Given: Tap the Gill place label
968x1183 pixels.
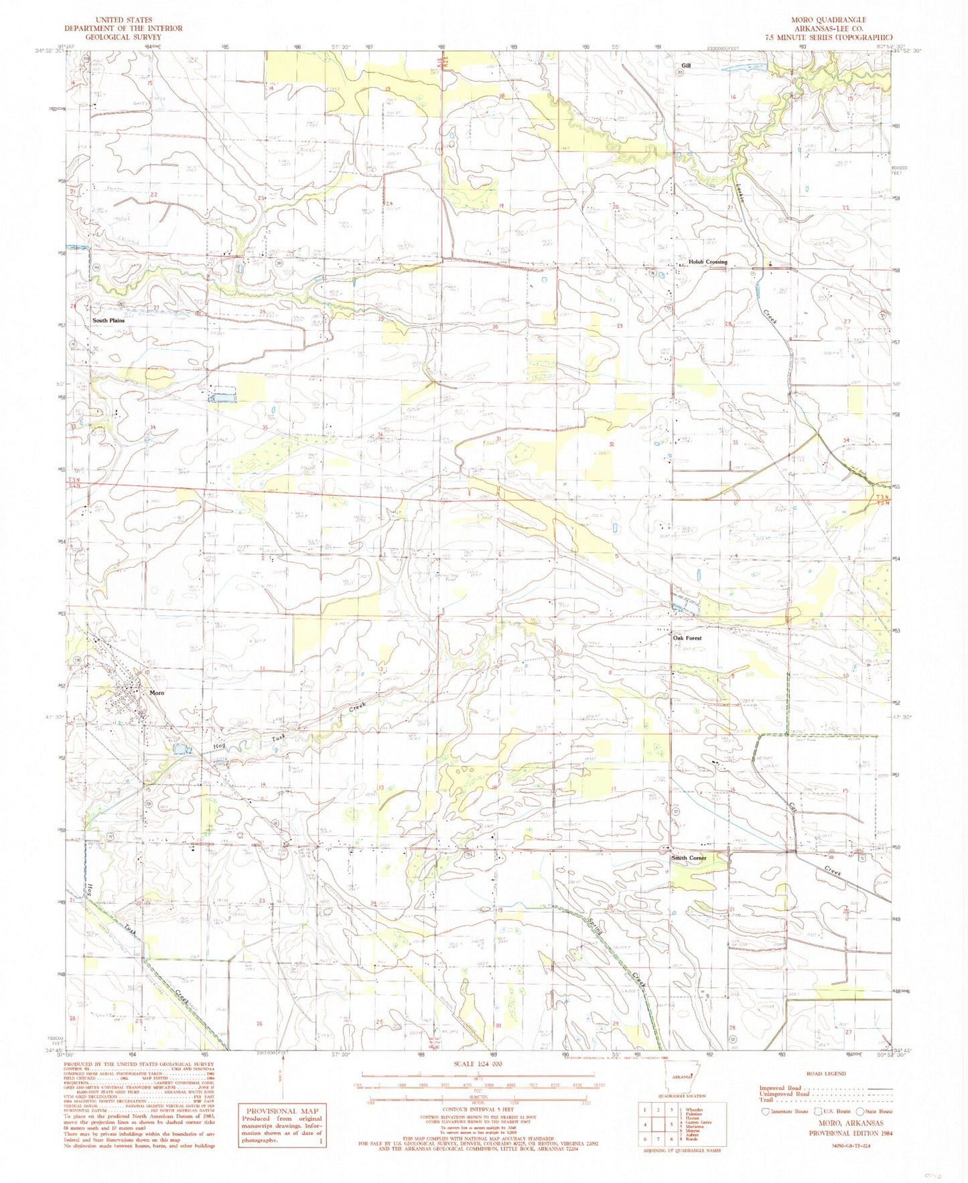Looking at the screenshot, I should point(685,66).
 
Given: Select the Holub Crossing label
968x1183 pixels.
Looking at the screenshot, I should point(707,262).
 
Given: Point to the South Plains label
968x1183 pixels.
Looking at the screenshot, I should point(109,321).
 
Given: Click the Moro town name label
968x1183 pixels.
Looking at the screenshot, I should point(157,693).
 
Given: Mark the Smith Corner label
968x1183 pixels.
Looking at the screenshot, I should point(689,858).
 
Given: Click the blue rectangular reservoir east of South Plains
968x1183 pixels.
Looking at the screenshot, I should point(223,397).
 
